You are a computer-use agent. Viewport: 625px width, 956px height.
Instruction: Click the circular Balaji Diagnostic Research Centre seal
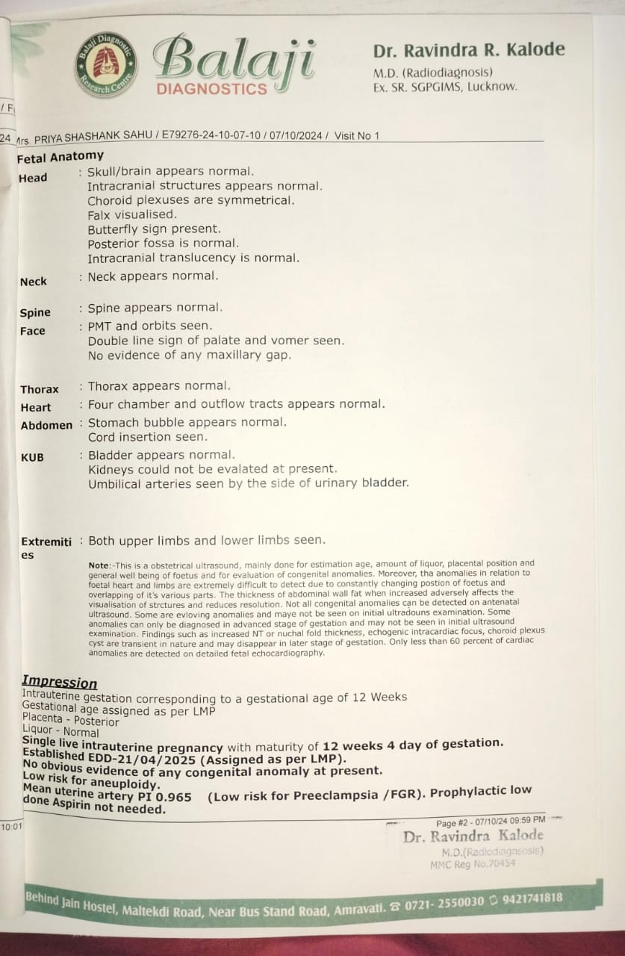coord(106,64)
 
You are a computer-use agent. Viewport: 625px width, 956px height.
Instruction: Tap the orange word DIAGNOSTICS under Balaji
coord(211,89)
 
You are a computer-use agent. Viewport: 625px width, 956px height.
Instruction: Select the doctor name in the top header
coord(469,51)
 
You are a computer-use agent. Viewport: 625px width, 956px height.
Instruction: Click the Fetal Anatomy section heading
coord(60,157)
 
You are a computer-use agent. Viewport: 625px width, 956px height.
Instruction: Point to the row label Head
coord(33,178)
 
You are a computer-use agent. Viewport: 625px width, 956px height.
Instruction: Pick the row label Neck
coord(34,282)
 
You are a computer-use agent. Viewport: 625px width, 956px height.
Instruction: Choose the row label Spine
coord(35,313)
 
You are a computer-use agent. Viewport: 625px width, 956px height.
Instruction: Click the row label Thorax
coord(40,389)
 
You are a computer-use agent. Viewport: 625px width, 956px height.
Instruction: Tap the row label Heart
coord(36,407)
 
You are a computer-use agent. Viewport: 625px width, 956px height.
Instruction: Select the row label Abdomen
coord(46,425)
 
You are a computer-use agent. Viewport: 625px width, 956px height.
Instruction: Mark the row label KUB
coord(32,457)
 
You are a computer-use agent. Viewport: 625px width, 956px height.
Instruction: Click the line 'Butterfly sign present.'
coord(154,229)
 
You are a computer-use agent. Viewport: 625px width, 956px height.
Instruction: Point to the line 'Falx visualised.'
coord(132,214)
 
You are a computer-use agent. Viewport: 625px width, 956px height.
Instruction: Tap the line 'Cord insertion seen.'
coord(148,437)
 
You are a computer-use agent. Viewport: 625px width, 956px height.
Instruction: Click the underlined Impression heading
coord(60,681)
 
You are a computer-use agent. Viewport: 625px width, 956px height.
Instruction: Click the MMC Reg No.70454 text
coord(473,864)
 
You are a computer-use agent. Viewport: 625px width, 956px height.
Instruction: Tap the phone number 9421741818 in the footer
coord(532,898)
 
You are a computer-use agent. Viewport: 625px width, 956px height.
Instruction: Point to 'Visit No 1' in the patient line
coord(357,135)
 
